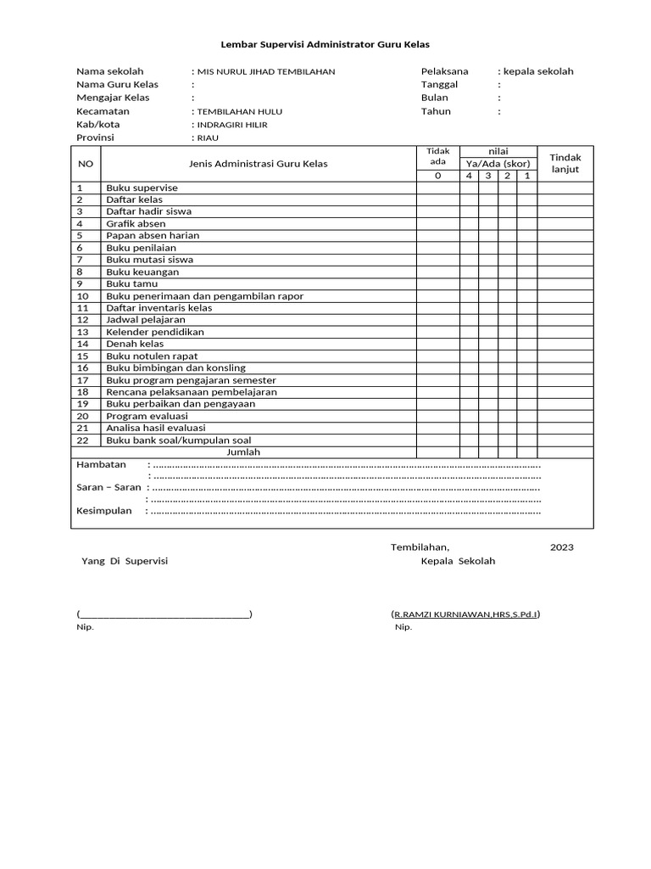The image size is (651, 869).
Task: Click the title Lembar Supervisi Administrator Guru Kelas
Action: coord(325,43)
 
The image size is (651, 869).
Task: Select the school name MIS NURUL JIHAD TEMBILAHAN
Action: coord(265,72)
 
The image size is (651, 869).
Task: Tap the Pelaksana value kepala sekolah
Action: coord(537,71)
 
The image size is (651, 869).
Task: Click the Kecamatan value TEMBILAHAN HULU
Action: coord(240,111)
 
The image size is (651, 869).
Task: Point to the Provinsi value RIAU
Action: coord(208,137)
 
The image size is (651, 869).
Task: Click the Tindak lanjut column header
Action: coord(565,164)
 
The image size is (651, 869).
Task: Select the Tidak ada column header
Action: coord(437,156)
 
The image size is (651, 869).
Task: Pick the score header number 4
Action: coord(469,176)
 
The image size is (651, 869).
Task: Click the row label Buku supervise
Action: coord(142,188)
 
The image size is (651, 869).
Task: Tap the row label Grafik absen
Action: coord(136,224)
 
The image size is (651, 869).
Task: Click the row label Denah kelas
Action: coord(135,344)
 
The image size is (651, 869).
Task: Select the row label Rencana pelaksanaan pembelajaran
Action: coord(191,392)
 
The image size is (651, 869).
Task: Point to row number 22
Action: coord(83,440)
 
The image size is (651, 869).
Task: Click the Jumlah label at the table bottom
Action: coord(243,452)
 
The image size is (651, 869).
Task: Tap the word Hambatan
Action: coord(101,464)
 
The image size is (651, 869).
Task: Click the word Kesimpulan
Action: coord(104,511)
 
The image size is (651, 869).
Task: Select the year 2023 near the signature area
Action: coord(561,547)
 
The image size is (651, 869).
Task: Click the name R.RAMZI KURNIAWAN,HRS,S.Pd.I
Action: coord(465,614)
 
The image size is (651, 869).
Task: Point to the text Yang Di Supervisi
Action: coord(125,562)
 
